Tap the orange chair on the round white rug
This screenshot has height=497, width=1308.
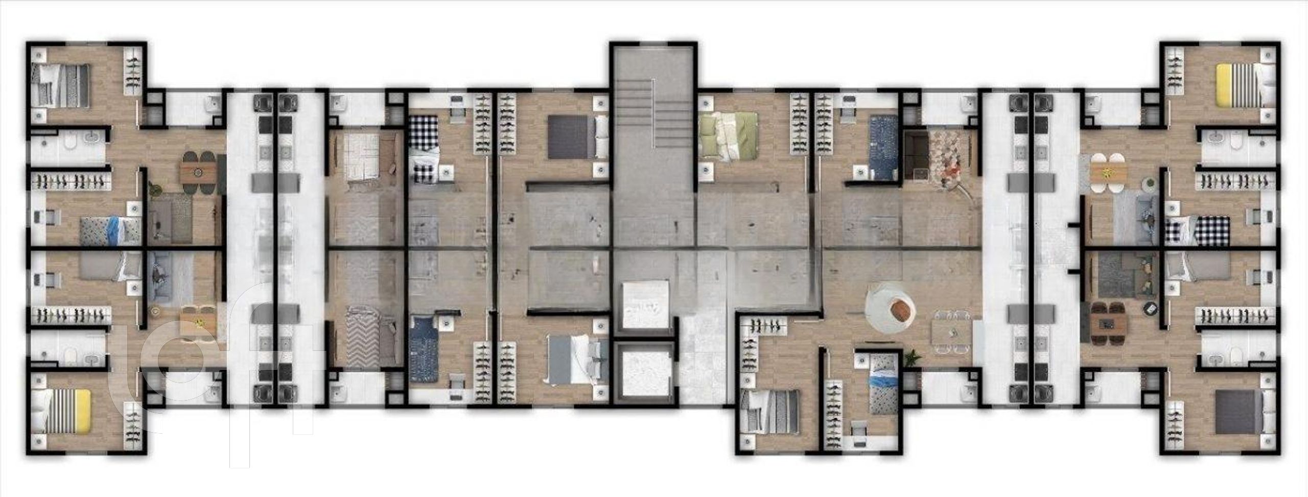[x=901, y=309]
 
